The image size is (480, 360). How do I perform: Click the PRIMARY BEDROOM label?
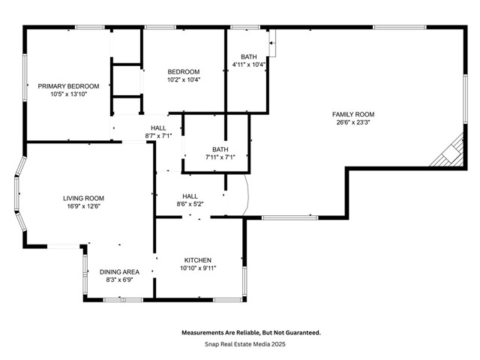pos(68,86)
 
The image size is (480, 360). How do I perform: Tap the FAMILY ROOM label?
pos(353,114)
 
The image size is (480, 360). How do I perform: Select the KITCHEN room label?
pos(198,260)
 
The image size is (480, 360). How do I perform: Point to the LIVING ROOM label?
pos(82,198)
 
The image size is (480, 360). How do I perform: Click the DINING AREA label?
pos(119,272)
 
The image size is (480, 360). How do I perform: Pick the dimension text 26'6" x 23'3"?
pos(353,122)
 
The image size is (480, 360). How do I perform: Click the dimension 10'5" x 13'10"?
pos(68,94)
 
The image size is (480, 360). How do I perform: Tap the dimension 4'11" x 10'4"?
pos(249,65)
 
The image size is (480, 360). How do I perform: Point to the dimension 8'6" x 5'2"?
pos(190,204)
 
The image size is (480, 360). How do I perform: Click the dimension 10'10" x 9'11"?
pos(198,268)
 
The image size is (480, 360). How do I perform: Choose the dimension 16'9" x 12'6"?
pos(82,206)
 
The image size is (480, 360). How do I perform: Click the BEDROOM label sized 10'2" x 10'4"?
pos(184,71)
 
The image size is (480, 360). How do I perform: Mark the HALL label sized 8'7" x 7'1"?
pos(158,127)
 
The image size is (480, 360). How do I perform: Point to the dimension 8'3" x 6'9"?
pos(119,280)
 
